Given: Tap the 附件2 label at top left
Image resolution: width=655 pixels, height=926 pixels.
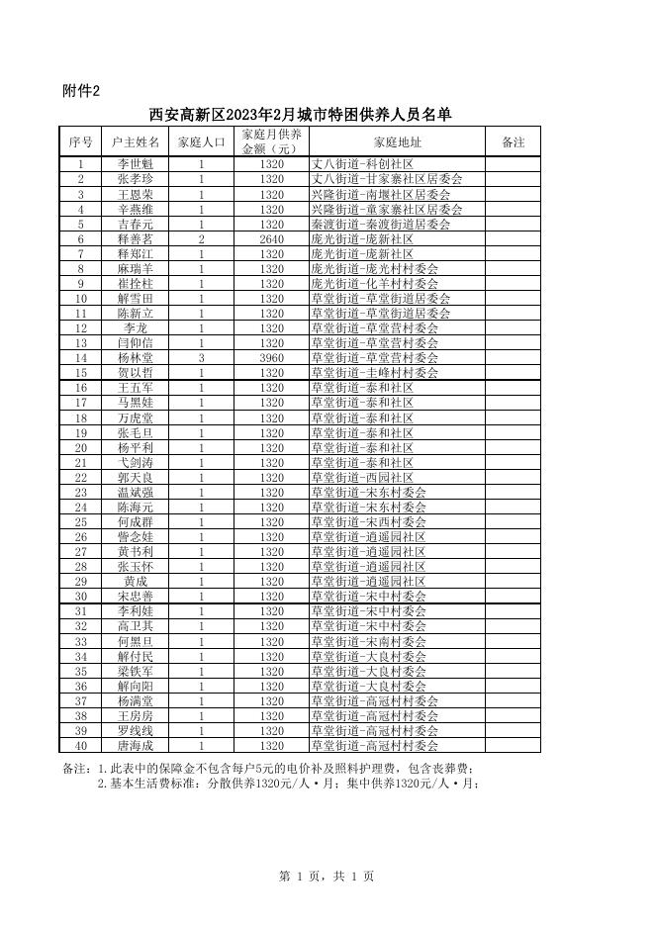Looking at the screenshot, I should pos(81,91).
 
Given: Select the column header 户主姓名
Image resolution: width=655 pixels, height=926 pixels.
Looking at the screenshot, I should pos(136,142).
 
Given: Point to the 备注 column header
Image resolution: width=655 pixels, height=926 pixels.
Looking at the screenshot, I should pos(514,142).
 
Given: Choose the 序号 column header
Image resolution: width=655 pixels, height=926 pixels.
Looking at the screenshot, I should pos(81,142).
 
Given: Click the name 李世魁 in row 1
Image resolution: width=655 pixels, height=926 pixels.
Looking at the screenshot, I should pos(136,164).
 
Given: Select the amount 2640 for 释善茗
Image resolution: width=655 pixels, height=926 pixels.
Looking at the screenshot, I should pos(272,238).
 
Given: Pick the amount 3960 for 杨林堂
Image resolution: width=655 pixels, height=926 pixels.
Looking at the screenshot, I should pos(272,358).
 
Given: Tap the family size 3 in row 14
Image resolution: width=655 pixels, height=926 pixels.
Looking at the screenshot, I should pos(201,358).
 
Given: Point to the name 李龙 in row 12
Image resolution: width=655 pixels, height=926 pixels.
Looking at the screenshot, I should pos(136,328).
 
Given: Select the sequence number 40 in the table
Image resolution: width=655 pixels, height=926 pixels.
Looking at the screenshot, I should pos(81,746).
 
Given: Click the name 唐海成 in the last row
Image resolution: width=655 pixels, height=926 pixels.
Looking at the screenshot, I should pos(136,746).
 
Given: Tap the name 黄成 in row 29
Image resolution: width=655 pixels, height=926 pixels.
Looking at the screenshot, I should pos(136,582).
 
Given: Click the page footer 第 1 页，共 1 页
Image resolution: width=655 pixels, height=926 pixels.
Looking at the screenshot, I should pos(327,876).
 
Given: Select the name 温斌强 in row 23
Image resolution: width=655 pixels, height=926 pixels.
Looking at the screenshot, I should pos(136,493).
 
